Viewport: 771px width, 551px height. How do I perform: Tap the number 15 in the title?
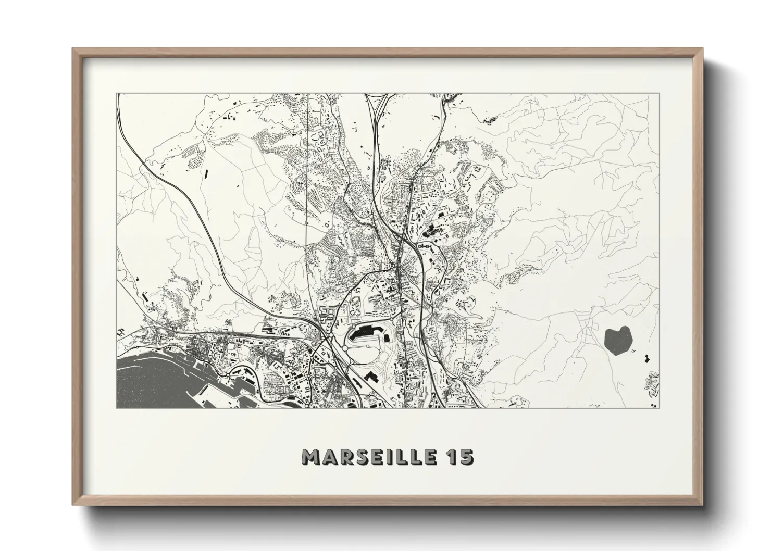click(x=460, y=457)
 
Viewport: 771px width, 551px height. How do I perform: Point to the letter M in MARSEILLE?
click(x=311, y=457)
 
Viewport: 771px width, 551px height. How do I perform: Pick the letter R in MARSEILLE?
click(x=346, y=457)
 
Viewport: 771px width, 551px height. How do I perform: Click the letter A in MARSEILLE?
click(x=329, y=457)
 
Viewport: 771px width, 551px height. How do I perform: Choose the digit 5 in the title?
click(x=467, y=457)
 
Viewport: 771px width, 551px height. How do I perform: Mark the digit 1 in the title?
click(x=451, y=457)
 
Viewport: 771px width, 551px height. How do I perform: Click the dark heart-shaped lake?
click(x=618, y=341)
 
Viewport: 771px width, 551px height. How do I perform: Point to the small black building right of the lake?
click(x=648, y=358)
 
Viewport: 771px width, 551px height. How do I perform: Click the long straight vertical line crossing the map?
click(x=307, y=208)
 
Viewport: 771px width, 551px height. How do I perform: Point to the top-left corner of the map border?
click(x=117, y=94)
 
